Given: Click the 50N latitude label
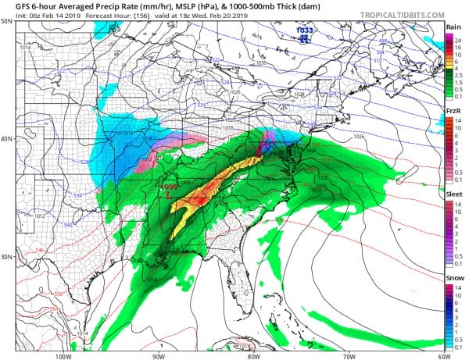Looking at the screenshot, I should coord(7,21).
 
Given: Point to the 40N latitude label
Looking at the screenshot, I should coord(7,140).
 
